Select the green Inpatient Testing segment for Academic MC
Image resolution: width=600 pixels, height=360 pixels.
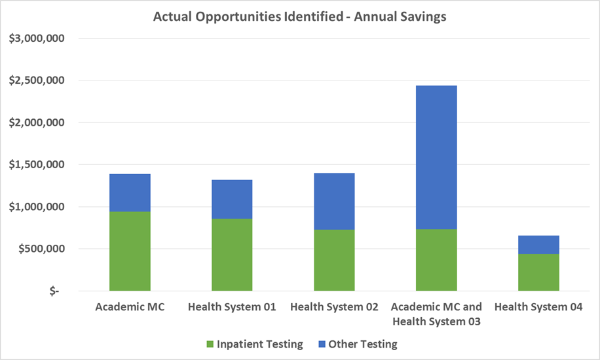(x=130, y=251)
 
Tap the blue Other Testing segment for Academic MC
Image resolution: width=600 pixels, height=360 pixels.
(x=130, y=192)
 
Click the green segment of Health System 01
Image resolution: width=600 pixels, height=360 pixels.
(x=232, y=254)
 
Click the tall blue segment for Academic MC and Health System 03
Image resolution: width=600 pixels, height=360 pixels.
(x=436, y=157)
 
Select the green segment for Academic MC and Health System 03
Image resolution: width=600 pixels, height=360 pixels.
(x=436, y=259)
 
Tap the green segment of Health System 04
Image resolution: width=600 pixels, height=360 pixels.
(x=538, y=272)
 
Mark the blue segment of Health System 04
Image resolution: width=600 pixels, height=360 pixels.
(x=538, y=244)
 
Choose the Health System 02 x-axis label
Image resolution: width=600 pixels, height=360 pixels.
(x=334, y=307)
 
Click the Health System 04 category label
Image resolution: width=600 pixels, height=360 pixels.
(x=538, y=307)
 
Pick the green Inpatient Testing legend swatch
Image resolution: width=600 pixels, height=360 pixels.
(x=210, y=344)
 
